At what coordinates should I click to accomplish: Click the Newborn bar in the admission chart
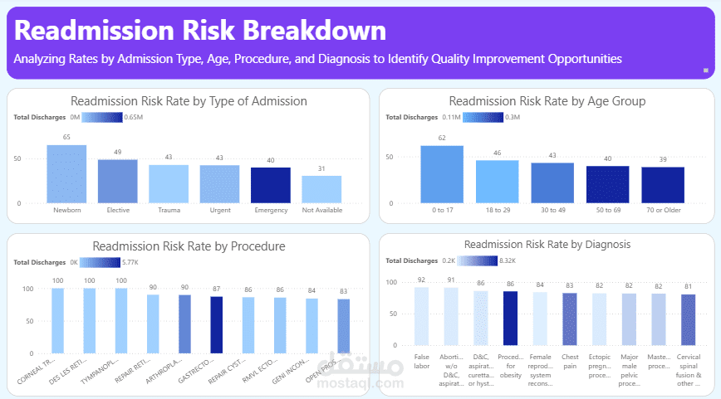(x=66, y=173)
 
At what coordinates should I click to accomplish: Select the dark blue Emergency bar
(x=271, y=184)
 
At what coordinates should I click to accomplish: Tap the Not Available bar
(x=321, y=188)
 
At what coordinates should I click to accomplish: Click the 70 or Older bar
(x=663, y=184)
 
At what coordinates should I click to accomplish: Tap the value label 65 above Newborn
(x=66, y=137)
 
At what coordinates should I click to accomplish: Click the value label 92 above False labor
(x=422, y=280)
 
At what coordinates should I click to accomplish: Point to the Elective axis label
(x=118, y=210)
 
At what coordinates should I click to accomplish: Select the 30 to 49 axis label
(x=552, y=210)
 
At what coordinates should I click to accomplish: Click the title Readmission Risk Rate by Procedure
(x=189, y=246)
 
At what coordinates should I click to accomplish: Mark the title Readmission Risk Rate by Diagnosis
(x=547, y=244)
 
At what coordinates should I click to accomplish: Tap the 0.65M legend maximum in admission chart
(x=135, y=117)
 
